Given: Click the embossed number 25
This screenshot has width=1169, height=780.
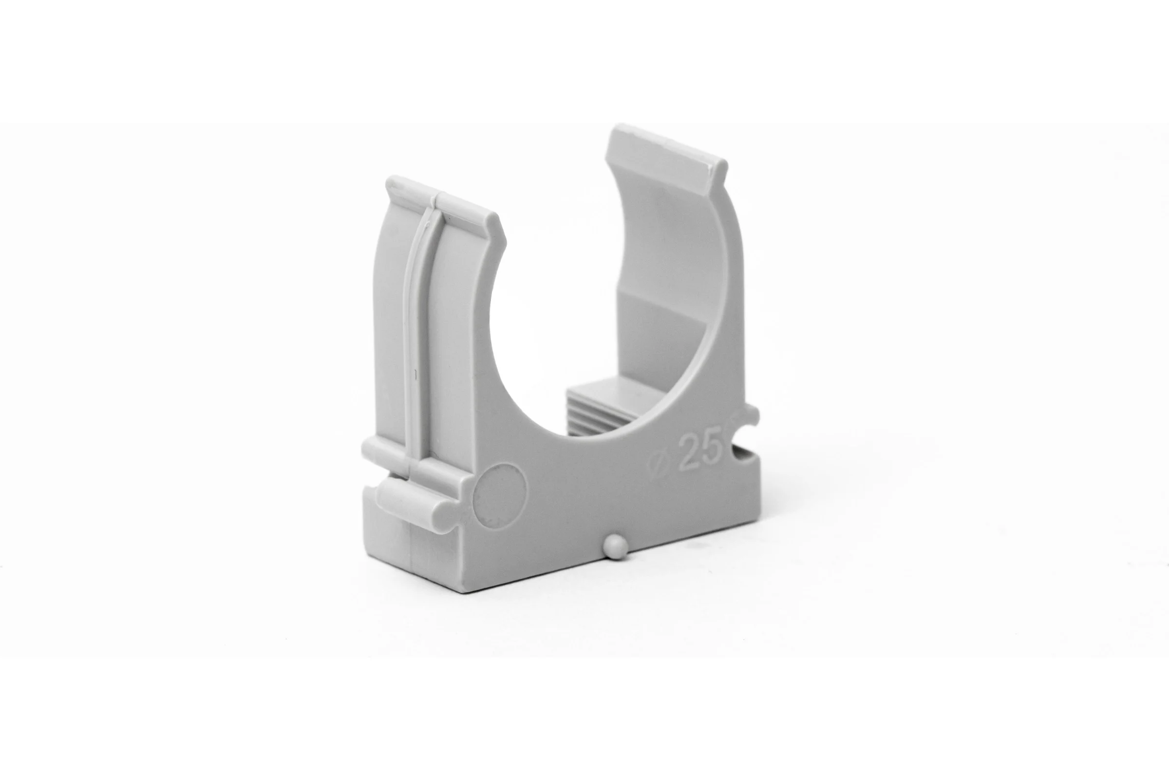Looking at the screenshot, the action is point(700,451).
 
